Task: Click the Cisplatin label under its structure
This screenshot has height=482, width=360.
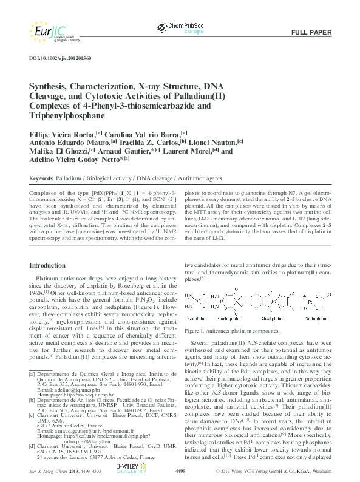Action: [200, 317]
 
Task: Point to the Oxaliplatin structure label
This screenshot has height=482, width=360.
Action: [273, 317]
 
